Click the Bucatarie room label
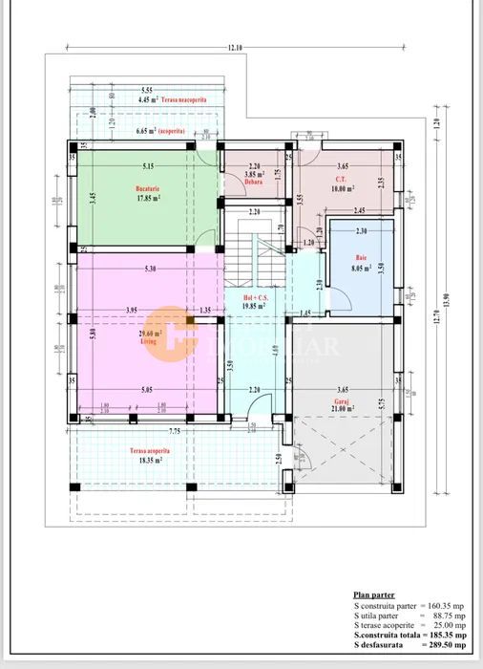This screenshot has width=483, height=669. [146, 189]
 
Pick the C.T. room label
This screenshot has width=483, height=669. [340, 179]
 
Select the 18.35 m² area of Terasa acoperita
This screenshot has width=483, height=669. [146, 460]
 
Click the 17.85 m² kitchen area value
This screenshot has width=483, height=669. [146, 199]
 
